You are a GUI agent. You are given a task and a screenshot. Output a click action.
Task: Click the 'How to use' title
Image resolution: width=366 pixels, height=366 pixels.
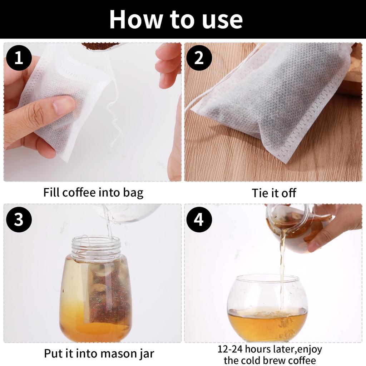176,19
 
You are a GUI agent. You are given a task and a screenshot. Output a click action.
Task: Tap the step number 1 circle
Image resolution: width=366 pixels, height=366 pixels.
19,58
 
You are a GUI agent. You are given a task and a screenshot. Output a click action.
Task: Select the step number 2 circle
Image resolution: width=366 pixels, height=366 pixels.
199,58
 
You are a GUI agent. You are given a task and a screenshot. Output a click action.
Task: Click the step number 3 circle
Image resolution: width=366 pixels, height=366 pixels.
19,219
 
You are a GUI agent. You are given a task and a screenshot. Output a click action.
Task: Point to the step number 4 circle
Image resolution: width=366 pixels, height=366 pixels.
199,219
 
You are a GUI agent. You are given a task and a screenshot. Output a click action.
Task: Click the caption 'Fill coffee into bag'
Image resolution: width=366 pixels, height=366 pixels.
93,192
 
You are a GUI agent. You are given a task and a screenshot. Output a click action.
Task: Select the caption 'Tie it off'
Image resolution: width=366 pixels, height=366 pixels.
274,193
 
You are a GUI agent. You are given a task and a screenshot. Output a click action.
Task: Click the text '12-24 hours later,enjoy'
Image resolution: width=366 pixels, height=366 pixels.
270,349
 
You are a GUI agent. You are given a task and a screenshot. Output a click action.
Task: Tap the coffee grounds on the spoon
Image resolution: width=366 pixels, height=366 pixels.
100,46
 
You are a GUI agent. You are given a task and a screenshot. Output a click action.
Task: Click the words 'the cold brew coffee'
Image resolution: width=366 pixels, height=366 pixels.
270,360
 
